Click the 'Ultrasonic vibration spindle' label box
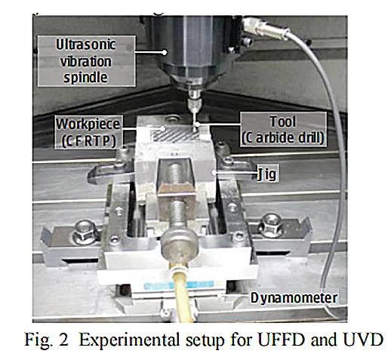coord(86,61)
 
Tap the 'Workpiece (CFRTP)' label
coord(88,132)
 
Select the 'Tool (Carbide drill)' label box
coord(283,130)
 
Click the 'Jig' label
coord(266,174)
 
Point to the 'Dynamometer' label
coord(294,298)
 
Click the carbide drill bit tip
coord(194,130)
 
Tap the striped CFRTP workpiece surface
coord(174,135)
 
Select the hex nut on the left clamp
coord(85,232)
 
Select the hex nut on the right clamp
coord(271,226)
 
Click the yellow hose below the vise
coord(182,292)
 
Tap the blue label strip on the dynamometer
coord(179,285)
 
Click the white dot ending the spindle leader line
coord(164,52)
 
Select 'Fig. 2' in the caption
coord(46,340)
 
